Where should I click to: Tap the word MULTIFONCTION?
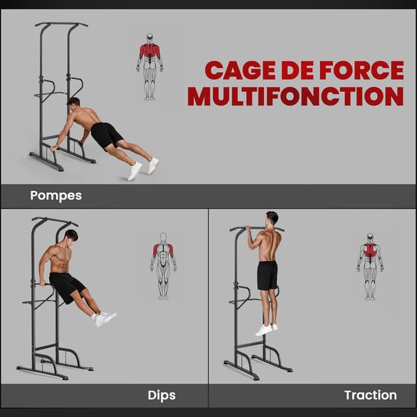click(295, 96)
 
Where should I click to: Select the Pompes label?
click(55, 195)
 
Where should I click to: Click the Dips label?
click(162, 394)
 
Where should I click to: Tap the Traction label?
click(370, 394)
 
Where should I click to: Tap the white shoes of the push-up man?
click(143, 168)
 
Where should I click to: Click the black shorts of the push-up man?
click(106, 136)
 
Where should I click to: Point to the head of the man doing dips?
click(71, 236)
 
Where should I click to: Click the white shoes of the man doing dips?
click(104, 319)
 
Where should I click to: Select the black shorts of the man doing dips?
click(66, 286)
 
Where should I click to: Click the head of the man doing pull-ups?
click(272, 218)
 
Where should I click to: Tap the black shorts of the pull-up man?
click(267, 275)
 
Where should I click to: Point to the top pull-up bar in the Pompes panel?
click(61, 25)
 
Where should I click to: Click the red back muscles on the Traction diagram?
click(370, 252)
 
